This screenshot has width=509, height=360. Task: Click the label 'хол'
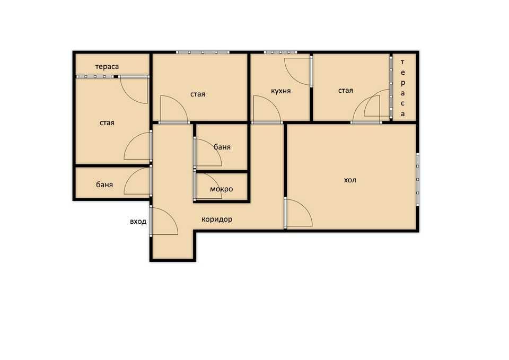click(x=350, y=180)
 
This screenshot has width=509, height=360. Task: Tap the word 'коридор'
click(x=217, y=219)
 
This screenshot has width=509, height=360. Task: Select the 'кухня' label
click(x=280, y=91)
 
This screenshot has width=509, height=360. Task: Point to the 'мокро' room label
click(x=221, y=189)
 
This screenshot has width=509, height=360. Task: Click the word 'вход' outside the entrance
click(x=138, y=222)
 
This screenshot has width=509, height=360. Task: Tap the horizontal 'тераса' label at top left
click(x=107, y=67)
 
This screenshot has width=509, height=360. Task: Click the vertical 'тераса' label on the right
click(x=402, y=87)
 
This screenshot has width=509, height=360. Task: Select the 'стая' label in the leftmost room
click(x=107, y=122)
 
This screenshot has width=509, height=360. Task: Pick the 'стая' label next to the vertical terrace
click(x=346, y=91)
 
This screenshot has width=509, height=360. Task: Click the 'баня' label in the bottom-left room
click(x=104, y=185)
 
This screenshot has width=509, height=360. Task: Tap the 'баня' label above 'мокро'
click(x=222, y=147)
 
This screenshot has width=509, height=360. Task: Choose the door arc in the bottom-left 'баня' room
click(x=137, y=181)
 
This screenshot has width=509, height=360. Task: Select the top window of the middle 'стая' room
click(x=203, y=52)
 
